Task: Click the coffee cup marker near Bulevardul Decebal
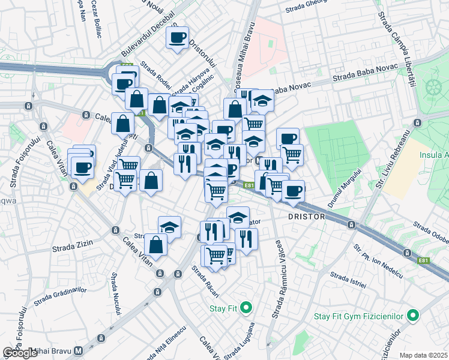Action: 177,38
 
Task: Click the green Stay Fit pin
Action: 246,308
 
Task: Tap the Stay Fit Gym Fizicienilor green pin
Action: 412,315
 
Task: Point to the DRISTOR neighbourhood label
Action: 306,216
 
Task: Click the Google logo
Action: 20,353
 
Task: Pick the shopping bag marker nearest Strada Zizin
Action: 155,245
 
